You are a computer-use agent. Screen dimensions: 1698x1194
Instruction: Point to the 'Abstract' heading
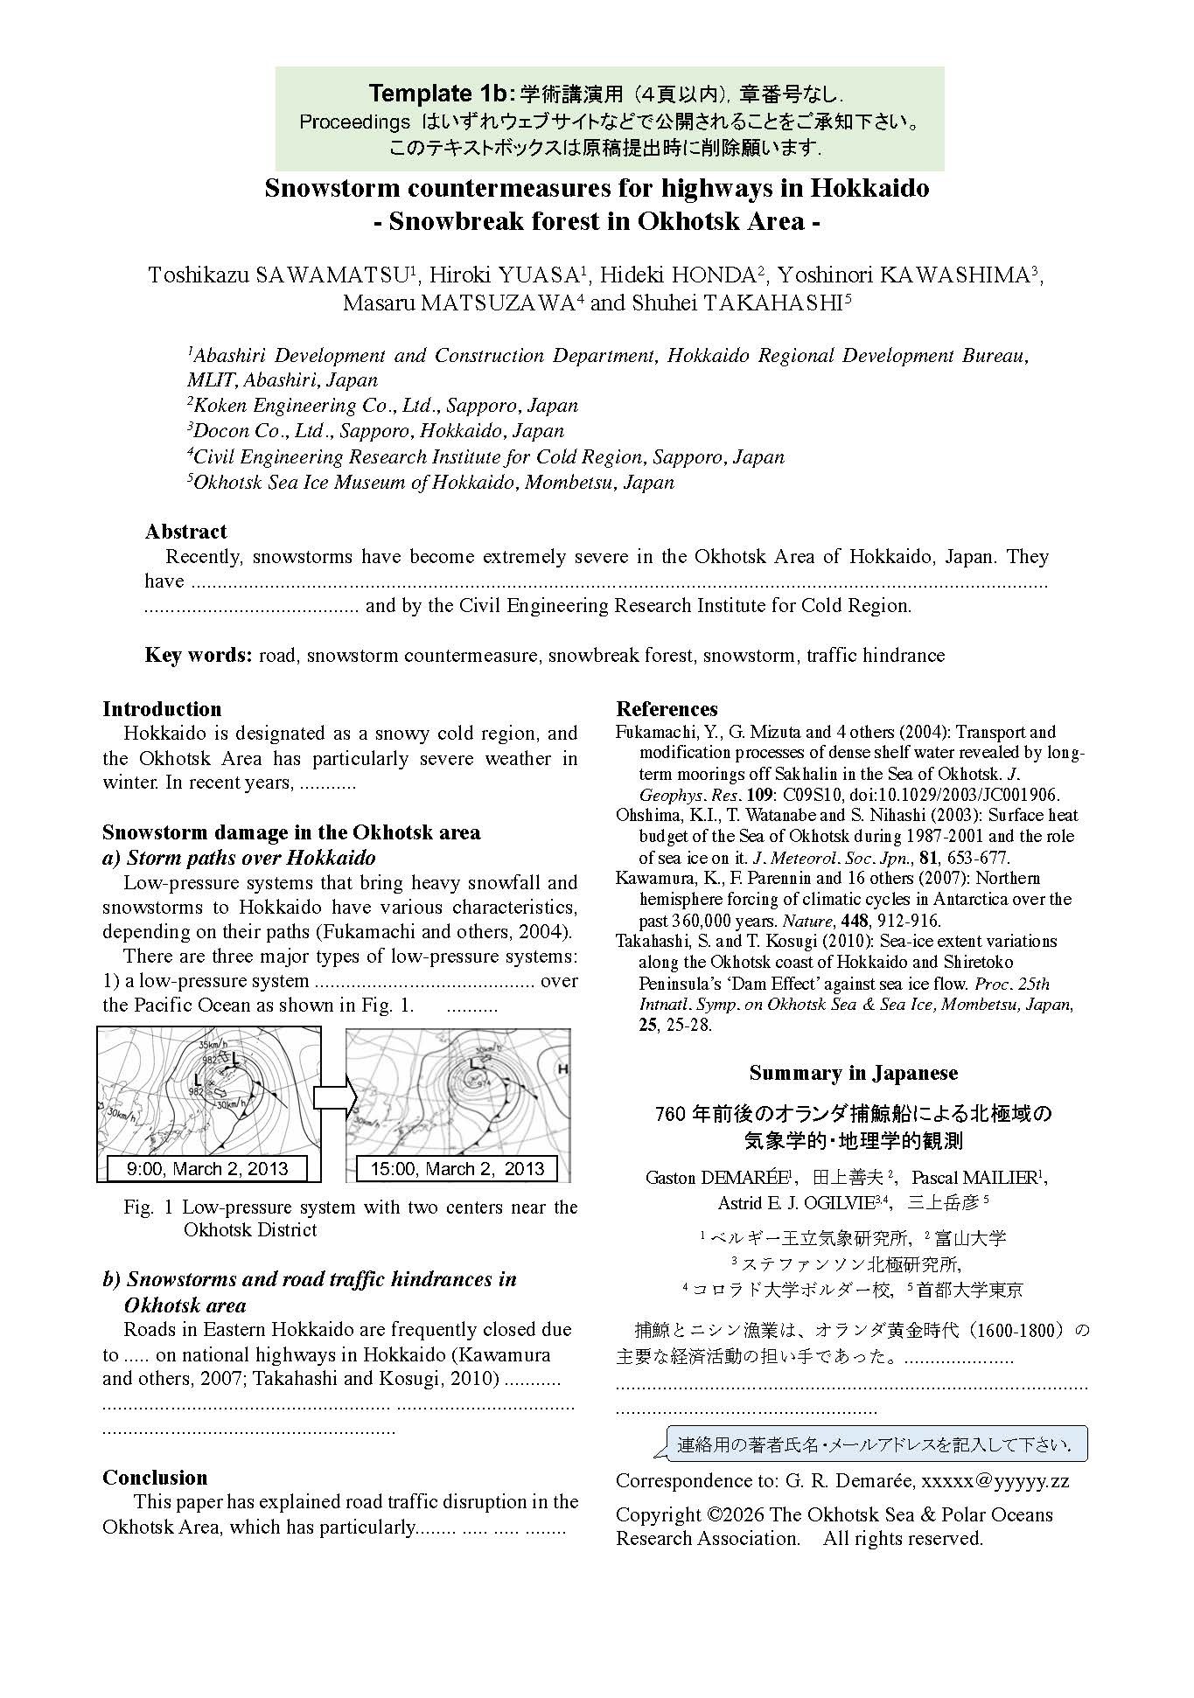pos(185,532)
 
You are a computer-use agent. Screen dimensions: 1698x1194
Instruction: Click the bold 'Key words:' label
pos(199,655)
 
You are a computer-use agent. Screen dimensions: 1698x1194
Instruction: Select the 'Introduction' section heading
pos(162,709)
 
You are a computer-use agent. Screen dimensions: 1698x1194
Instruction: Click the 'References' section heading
pos(667,709)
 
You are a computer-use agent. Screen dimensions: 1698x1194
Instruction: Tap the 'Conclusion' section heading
pos(155,1478)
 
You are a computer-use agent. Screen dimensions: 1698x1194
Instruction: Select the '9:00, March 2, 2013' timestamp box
pos(208,1169)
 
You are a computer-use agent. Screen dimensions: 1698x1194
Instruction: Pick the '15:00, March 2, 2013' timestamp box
pos(457,1169)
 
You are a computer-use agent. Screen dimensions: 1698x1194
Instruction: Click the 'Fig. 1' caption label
pos(150,1207)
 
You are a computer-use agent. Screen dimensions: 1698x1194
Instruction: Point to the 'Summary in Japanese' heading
pos(853,1073)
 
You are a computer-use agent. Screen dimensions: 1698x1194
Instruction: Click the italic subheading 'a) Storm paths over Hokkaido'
pos(239,857)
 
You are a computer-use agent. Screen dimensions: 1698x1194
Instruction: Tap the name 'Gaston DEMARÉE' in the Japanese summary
pos(716,1178)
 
